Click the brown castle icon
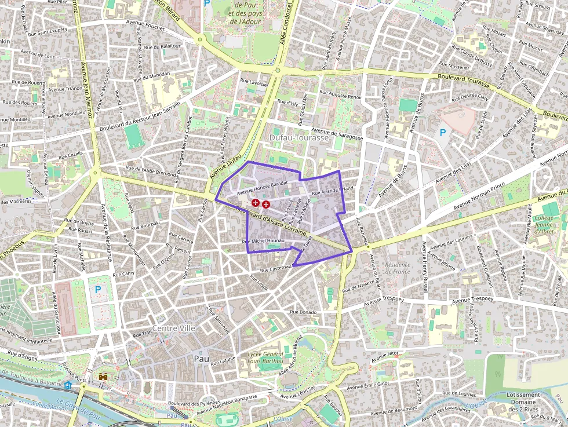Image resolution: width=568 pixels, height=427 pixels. pyautogui.click(x=104, y=377)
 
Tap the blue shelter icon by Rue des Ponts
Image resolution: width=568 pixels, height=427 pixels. pyautogui.click(x=68, y=384)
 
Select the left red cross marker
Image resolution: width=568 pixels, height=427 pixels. pyautogui.click(x=256, y=203)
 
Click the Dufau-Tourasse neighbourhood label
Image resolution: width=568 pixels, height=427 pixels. pyautogui.click(x=298, y=138)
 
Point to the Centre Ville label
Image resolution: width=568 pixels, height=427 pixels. pyautogui.click(x=173, y=328)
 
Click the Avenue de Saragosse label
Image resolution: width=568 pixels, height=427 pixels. pyautogui.click(x=337, y=134)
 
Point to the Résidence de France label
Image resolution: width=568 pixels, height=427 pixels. pyautogui.click(x=398, y=268)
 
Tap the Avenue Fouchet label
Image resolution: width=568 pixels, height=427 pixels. pyautogui.click(x=144, y=26)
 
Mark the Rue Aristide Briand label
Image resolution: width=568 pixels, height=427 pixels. pyautogui.click(x=332, y=191)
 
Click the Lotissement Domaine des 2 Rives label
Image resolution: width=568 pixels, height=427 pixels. pyautogui.click(x=524, y=402)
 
